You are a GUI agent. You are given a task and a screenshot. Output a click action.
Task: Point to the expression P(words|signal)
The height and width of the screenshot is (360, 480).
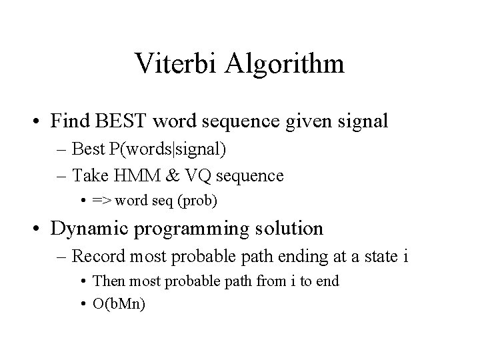171,151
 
